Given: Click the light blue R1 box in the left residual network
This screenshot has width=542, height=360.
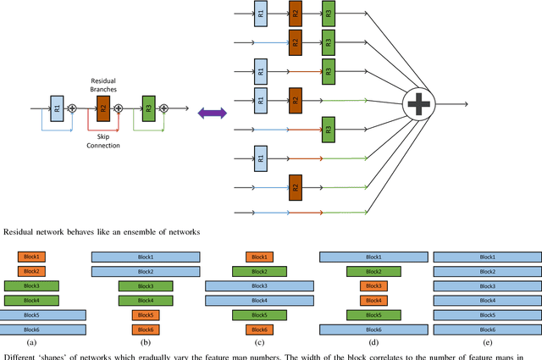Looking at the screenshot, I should (x=57, y=108).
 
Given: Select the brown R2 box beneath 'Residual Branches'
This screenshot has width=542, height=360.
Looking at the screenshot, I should (x=103, y=108).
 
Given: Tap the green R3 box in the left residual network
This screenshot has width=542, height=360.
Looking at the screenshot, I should (x=149, y=108).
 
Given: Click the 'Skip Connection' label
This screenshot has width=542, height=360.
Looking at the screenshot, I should (x=102, y=140).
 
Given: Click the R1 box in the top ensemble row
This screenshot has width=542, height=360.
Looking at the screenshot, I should (x=261, y=14).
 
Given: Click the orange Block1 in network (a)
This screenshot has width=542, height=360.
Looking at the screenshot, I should (x=32, y=257).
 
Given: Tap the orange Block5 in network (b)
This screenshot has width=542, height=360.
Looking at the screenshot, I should (x=146, y=315).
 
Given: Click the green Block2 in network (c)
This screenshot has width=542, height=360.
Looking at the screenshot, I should (x=259, y=271).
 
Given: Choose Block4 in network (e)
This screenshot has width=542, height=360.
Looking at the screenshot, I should (x=487, y=301).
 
